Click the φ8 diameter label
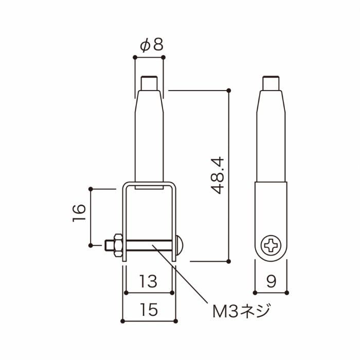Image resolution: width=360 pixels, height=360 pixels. [152, 45]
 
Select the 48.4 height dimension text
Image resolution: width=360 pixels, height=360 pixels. [217, 175]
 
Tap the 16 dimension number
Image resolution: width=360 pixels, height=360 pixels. [79, 212]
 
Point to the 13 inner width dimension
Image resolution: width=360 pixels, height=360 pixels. [149, 281]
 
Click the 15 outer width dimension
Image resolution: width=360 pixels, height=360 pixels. [149, 310]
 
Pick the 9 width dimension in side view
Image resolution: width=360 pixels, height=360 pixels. [271, 281]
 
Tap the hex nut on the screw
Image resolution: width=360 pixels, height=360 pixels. [118, 245]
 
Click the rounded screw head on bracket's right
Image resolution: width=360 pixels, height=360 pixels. [179, 245]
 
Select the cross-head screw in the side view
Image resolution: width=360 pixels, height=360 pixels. [271, 245]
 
